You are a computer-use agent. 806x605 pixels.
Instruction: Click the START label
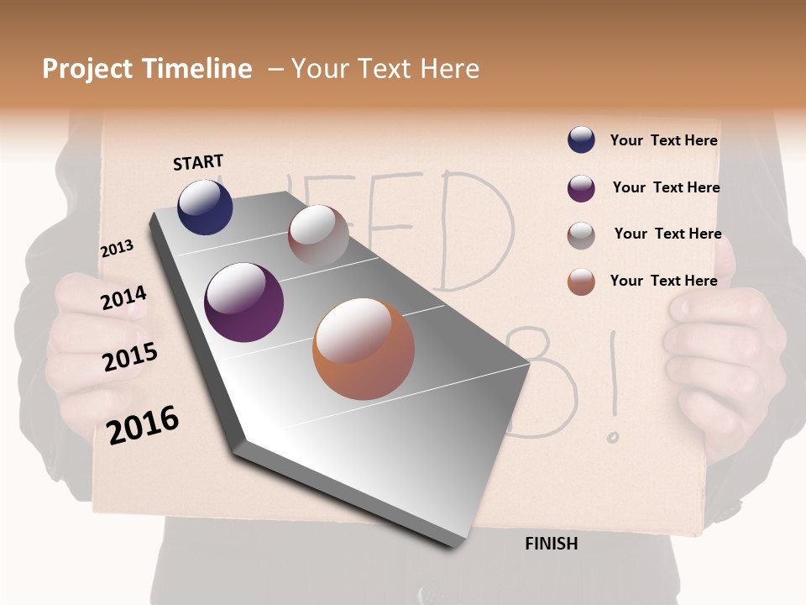[198, 162]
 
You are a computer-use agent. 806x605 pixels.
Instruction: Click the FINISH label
[552, 544]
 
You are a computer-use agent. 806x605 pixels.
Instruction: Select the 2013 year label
[117, 249]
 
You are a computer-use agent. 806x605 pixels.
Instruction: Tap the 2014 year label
[123, 297]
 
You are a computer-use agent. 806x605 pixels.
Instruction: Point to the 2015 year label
[130, 357]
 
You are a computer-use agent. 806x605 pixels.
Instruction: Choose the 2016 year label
[143, 424]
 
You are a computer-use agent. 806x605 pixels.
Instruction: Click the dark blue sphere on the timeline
[205, 207]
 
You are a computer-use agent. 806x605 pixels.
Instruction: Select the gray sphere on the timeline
[318, 235]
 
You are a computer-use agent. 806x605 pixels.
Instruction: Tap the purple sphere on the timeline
[244, 302]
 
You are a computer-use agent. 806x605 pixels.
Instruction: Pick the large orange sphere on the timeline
[364, 349]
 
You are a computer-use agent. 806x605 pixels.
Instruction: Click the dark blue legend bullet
[581, 140]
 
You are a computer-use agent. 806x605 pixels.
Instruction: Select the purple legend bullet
[581, 188]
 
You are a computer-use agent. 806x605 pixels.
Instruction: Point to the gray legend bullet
[581, 235]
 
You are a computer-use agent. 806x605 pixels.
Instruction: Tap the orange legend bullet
[581, 281]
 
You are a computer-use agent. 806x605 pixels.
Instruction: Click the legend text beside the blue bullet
[663, 140]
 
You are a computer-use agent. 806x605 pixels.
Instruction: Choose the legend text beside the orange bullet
[663, 281]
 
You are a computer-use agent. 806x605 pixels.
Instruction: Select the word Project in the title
[88, 69]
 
